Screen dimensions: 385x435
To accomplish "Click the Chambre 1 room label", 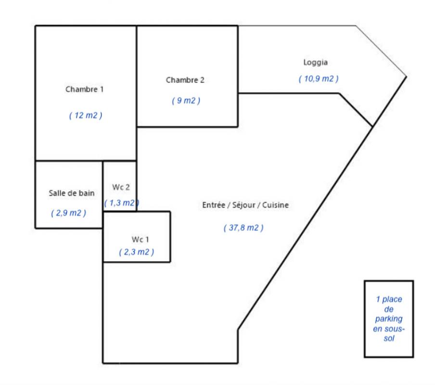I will coord(85,90).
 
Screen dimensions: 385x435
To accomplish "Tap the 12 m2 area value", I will coord(86,115).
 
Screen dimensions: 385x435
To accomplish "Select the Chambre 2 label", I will coord(185,80).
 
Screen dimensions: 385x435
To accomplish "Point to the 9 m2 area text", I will coord(186,101).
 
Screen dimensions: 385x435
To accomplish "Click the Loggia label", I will coord(316,62).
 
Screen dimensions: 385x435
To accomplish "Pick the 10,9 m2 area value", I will coord(319,79).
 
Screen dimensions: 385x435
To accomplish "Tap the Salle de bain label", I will coord(72,193).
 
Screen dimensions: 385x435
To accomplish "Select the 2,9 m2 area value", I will coord(69,213).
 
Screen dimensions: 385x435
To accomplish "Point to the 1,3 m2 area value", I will coord(120,203).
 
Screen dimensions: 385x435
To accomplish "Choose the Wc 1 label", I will coord(138,239).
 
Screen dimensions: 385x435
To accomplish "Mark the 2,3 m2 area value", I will coord(137,252).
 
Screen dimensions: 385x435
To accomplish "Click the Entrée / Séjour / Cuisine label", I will coord(245,205).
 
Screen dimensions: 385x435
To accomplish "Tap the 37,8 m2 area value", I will coord(243,228).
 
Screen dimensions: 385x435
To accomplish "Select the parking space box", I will coord(389,319).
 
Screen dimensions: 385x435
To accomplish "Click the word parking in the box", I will coord(389,319).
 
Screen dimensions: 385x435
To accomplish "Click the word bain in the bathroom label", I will coord(87,193).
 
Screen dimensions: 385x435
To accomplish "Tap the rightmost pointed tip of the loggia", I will coord(407,77).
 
